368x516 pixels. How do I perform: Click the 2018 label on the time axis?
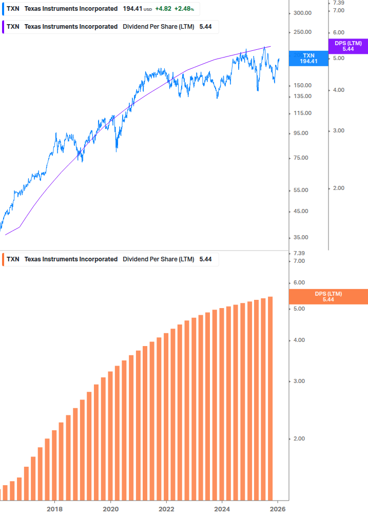[54, 509]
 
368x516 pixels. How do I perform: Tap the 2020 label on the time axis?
[110, 509]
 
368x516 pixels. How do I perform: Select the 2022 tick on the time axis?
[166, 509]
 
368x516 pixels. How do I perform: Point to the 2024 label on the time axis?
[222, 509]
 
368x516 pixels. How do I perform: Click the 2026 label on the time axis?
[278, 509]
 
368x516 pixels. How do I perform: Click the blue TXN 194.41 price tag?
[308, 58]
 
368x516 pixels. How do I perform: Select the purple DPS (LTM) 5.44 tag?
[348, 46]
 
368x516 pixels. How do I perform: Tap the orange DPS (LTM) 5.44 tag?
[328, 297]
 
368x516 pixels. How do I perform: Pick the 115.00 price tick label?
[301, 113]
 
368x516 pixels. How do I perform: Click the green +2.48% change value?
[184, 9]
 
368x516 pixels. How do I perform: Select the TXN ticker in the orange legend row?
[13, 259]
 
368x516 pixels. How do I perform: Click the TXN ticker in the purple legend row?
[13, 27]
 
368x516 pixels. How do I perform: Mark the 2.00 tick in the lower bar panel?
[299, 438]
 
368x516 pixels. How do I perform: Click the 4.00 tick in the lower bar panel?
[299, 340]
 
